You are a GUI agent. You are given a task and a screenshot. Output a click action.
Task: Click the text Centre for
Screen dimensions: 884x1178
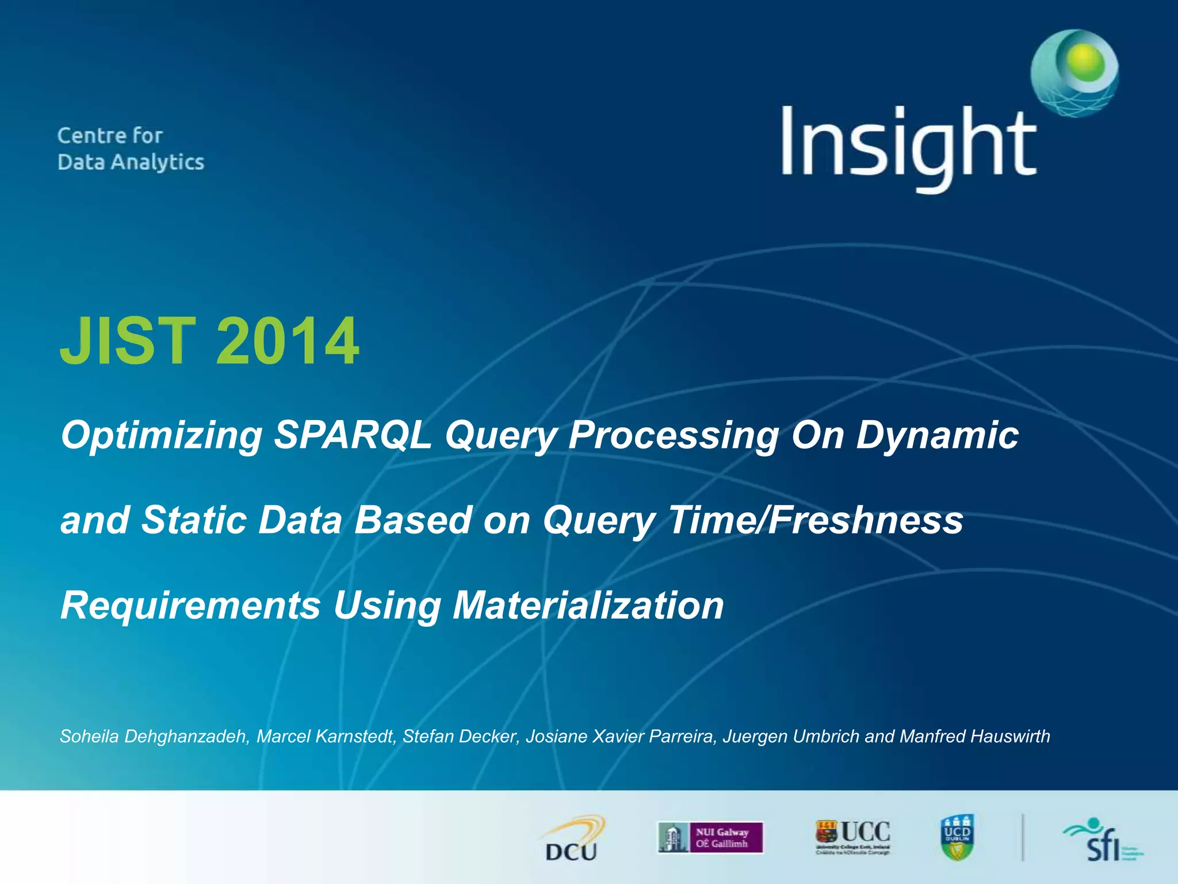tap(110, 136)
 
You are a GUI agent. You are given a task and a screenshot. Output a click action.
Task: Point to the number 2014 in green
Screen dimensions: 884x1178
tap(288, 341)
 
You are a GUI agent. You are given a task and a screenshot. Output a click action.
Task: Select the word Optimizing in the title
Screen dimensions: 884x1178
tap(162, 436)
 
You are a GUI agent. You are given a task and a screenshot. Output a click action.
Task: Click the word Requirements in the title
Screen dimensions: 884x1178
tap(190, 606)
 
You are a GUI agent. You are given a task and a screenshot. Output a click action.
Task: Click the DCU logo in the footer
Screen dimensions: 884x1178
tap(572, 839)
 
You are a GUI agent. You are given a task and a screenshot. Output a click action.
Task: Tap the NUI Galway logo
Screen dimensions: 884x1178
tap(710, 837)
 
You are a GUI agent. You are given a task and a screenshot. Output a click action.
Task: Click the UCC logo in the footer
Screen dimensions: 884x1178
tap(852, 836)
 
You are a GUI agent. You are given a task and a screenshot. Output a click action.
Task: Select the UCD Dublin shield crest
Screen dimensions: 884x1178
tap(957, 837)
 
